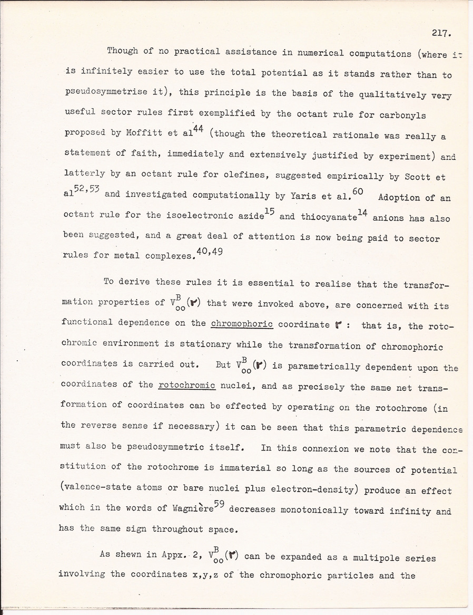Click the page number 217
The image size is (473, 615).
click(x=439, y=33)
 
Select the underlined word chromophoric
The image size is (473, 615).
click(x=241, y=324)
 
